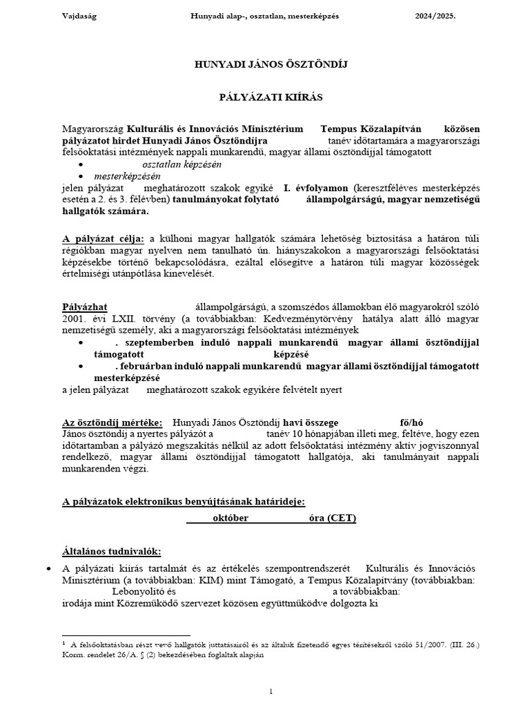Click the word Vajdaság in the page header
[78, 16]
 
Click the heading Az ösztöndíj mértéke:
[112, 423]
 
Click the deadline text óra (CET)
[333, 518]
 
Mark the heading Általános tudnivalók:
[111, 551]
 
